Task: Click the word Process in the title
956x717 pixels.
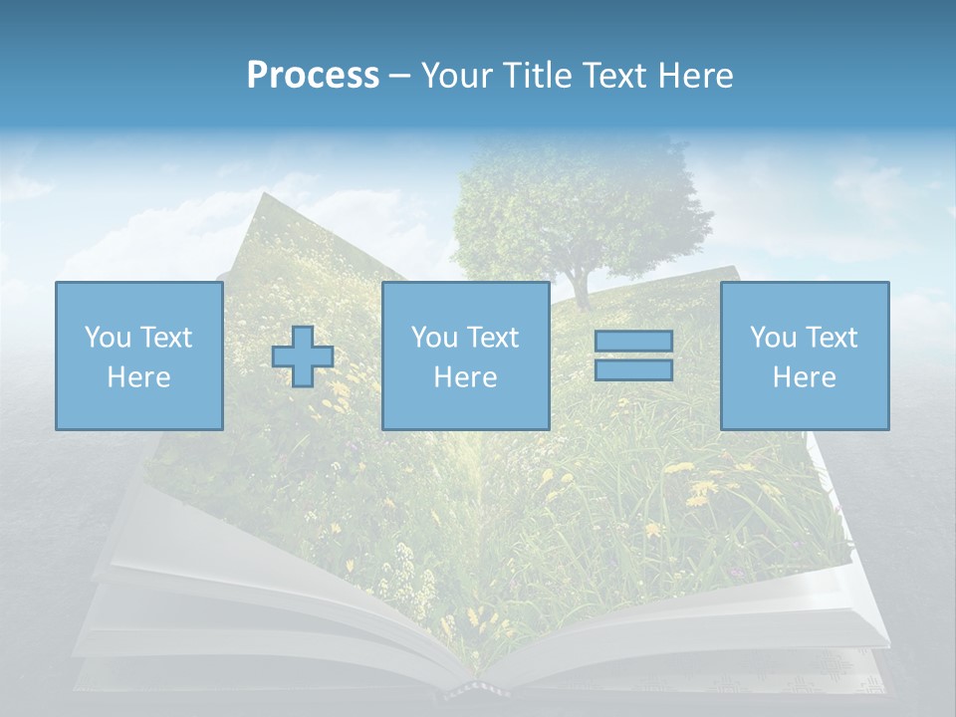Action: [313, 76]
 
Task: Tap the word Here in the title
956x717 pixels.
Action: [694, 76]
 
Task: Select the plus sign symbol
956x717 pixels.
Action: [303, 357]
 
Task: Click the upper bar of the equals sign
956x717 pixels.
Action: [633, 341]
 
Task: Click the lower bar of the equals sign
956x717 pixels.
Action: [633, 370]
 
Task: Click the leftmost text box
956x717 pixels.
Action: [138, 356]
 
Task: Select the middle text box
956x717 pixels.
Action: [465, 356]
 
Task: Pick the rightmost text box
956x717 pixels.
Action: [805, 356]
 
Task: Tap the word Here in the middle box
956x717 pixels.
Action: [465, 377]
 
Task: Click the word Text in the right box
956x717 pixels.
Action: [834, 338]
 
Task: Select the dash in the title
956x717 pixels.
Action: [399, 76]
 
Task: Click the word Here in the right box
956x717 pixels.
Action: [804, 377]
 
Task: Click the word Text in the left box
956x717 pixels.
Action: [167, 338]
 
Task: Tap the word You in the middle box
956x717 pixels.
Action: [434, 338]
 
